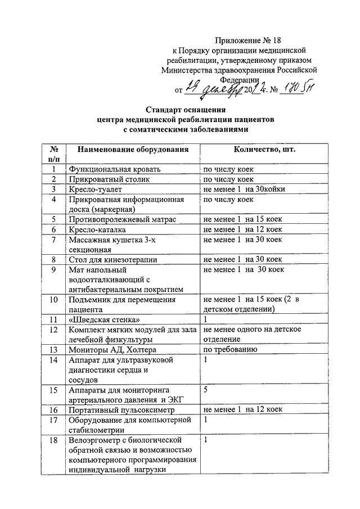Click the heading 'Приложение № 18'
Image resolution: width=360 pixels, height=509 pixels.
pos(248,40)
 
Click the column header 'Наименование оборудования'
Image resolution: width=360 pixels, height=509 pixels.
pos(133,150)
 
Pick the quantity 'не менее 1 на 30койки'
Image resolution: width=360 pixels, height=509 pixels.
pos(244,189)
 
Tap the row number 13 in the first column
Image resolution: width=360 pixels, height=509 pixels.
pos(54,349)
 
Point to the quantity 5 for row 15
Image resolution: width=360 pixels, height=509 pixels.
pos(206,389)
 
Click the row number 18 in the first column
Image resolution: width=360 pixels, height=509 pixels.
pos(54,440)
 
